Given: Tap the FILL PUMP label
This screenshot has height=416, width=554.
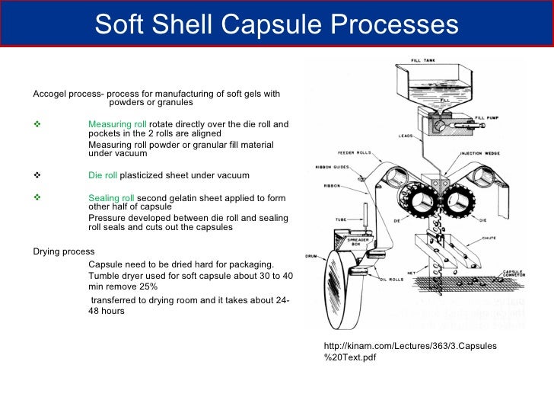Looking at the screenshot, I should tap(486, 118).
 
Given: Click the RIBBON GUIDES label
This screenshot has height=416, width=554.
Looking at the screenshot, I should tap(330, 168).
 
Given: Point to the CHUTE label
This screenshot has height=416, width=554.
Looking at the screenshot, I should tap(490, 238).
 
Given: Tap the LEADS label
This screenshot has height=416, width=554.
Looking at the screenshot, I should tap(406, 136).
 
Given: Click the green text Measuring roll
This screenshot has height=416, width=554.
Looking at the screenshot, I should tap(117, 124).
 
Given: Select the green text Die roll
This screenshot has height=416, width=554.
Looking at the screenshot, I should tap(103, 175).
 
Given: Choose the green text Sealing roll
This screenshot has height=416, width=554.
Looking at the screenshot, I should tap(111, 198).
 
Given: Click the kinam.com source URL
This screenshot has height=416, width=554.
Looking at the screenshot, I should tap(410, 351).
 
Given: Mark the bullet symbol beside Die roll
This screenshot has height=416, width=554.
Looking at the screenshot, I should tap(37, 175).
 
